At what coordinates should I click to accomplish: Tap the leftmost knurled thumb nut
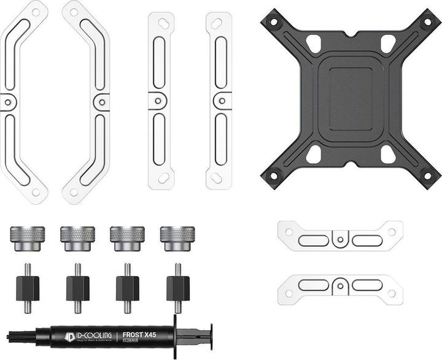click(x=27, y=236)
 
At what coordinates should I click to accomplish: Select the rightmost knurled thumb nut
click(x=177, y=236)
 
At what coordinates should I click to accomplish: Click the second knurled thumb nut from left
click(x=77, y=236)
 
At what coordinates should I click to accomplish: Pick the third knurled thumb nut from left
click(x=127, y=236)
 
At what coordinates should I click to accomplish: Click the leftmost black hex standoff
click(x=28, y=287)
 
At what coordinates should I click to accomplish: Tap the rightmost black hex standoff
click(x=177, y=287)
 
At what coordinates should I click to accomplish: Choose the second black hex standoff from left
click(x=77, y=287)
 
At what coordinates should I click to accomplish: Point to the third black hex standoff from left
click(x=127, y=287)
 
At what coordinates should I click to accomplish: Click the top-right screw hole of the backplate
click(x=427, y=21)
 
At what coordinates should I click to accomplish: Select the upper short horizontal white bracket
click(x=339, y=236)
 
